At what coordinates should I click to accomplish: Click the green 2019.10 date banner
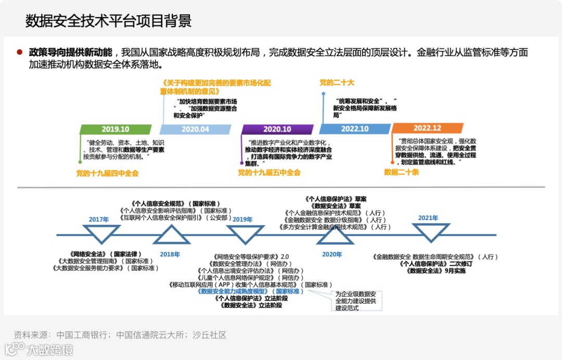(x=115, y=130)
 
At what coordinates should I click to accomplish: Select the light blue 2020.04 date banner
(x=195, y=130)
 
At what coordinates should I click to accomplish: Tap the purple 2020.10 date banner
(x=277, y=130)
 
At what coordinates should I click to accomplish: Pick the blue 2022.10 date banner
(x=354, y=130)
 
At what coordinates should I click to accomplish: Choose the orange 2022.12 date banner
(x=427, y=128)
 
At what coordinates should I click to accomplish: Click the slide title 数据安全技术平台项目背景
(x=108, y=21)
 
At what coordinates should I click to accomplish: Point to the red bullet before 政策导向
(x=20, y=53)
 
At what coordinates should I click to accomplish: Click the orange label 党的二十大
(x=337, y=83)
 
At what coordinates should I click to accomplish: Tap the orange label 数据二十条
(x=401, y=172)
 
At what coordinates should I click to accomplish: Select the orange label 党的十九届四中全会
(x=107, y=173)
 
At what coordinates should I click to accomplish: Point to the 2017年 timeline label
(x=98, y=220)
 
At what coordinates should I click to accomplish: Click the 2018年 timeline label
(x=170, y=254)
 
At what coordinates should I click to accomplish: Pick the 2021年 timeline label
(x=428, y=218)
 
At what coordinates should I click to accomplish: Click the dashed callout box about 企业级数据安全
(x=358, y=301)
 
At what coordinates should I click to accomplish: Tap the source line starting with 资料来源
(x=120, y=335)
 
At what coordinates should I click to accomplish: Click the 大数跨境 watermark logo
(x=39, y=350)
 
